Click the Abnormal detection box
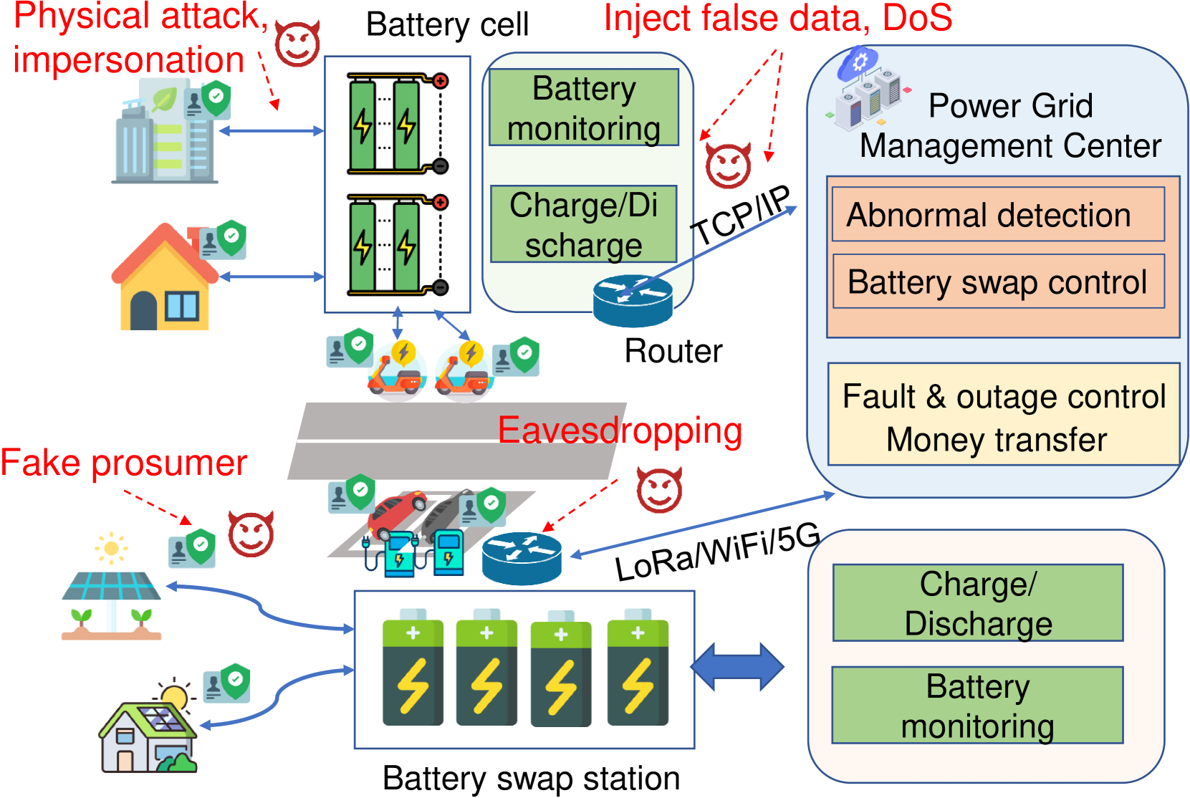coord(998,214)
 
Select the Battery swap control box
coord(999,281)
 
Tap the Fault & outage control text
coord(1004,396)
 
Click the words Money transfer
coord(997,440)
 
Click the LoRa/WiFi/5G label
coord(718,552)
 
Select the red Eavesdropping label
coord(620,431)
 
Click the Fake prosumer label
coord(124,462)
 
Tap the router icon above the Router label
coord(633,300)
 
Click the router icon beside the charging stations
coord(522,559)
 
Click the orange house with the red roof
coord(165,277)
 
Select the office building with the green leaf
coord(165,131)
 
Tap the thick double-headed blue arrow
coord(737,667)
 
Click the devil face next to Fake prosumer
coord(251,534)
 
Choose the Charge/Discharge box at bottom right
coord(977,603)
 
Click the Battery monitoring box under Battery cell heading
coord(584,107)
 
